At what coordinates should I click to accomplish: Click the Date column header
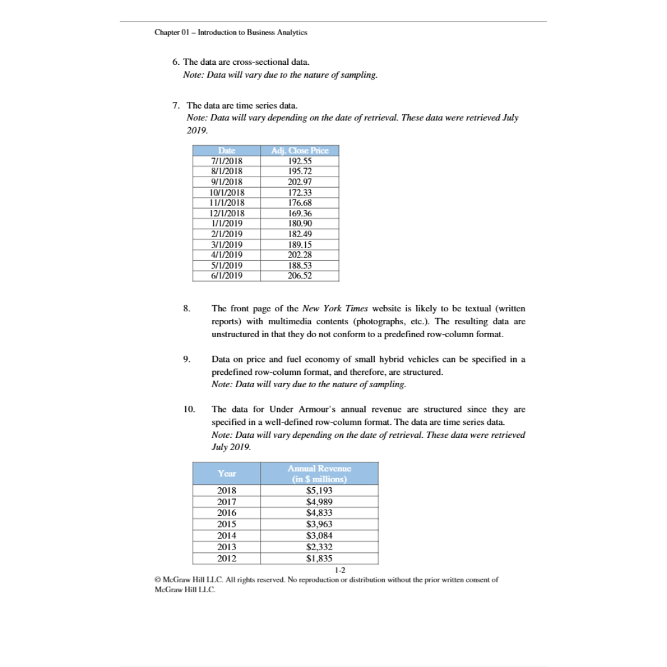[227, 151]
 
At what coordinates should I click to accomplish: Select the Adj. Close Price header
[300, 151]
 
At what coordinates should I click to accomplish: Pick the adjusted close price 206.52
[300, 275]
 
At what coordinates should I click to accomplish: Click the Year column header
[227, 473]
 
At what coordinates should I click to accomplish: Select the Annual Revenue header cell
[319, 473]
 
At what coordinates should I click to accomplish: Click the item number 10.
[189, 409]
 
